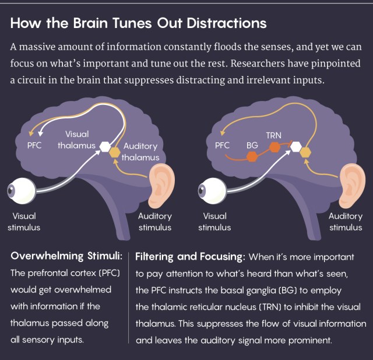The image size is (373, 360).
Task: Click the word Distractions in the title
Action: coord(229,24)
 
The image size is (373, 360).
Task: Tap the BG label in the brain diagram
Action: coord(252,145)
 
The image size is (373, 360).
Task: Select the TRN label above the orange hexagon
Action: coord(273,135)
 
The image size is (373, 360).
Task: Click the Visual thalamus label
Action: coord(76,140)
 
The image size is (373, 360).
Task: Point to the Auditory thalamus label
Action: coord(140,152)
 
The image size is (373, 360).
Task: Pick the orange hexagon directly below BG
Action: coord(252,156)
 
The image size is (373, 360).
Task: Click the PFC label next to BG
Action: coord(223,145)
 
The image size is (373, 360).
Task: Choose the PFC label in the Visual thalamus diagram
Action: coord(34,145)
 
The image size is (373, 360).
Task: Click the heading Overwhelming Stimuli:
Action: coord(66,256)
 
